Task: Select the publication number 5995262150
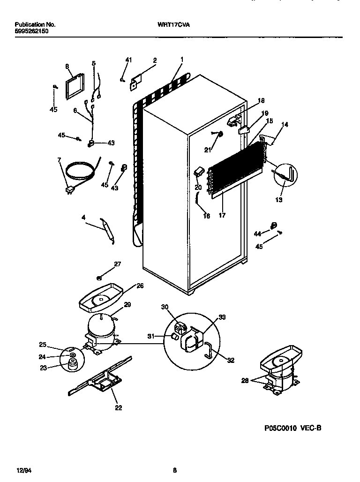point(31,31)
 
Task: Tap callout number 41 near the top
point(129,60)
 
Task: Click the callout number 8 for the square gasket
point(67,66)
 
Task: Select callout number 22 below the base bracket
point(119,408)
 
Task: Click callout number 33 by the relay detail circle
point(222,317)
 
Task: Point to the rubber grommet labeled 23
point(72,366)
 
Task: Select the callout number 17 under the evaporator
point(222,216)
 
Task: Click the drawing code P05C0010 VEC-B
point(292,428)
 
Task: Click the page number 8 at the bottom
point(174,469)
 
